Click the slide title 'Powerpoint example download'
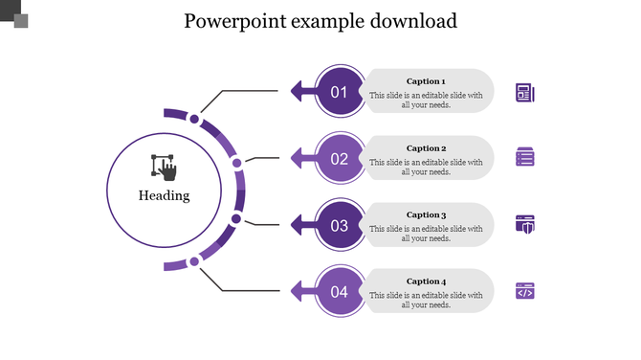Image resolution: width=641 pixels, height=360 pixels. pos(320,21)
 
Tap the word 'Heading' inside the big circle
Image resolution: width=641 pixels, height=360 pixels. pos(164,195)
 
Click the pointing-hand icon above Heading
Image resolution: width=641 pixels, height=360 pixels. pos(165,167)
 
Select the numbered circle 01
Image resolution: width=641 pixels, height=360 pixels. pos(339,92)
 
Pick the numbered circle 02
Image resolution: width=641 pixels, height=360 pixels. pos(339,159)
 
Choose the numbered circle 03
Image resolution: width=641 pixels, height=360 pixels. pos(339,226)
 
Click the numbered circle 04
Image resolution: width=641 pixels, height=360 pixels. pos(339,292)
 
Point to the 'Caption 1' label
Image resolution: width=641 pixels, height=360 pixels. pos(426,81)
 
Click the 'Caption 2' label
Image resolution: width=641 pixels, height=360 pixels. pos(426,148)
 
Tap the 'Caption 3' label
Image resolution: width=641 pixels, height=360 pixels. pos(426,215)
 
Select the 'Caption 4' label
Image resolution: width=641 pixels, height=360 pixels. pos(426,281)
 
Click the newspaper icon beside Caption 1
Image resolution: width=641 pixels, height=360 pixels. pos(524,92)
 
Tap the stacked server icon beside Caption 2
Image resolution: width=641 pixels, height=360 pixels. pos(524,157)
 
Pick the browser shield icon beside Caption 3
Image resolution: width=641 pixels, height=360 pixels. pos(524,224)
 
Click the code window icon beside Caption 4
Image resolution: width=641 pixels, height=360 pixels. pos(524,291)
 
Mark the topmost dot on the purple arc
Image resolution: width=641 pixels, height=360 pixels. pos(194,120)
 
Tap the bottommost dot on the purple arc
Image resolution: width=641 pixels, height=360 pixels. pos(194,260)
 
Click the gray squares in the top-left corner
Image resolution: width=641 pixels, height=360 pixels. pos(14,14)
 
